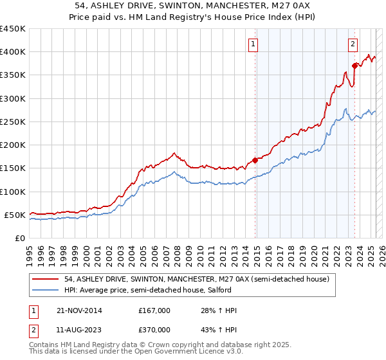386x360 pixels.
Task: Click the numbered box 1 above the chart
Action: point(253,44)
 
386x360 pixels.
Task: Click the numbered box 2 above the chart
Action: point(353,44)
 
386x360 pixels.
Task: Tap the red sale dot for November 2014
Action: point(255,160)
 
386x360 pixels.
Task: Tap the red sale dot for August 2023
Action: point(354,65)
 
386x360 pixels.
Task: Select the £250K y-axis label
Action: point(13,122)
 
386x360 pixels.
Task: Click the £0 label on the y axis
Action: point(19,238)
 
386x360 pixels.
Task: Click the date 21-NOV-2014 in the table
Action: point(79,310)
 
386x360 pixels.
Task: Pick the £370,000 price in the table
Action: point(154,329)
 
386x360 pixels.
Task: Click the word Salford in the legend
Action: point(214,290)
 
